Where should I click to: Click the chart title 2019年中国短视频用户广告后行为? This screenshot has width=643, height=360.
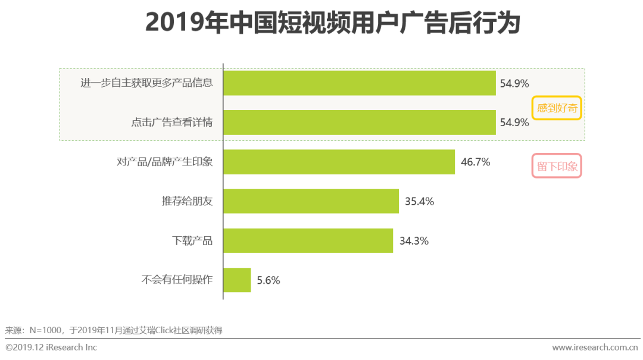(x=333, y=23)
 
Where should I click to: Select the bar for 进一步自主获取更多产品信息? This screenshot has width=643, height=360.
(x=360, y=83)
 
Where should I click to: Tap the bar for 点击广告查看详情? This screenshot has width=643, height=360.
(x=360, y=123)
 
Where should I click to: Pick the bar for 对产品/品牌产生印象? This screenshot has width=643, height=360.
(x=339, y=162)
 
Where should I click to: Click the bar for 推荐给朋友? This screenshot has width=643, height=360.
(x=311, y=201)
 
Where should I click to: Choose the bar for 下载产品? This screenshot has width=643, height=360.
(x=308, y=240)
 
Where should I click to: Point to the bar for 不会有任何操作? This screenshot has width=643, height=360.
(x=237, y=280)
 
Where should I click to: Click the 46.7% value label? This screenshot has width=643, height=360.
(x=475, y=162)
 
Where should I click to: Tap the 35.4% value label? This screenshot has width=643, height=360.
(x=419, y=201)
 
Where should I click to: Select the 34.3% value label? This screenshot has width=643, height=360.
(x=414, y=241)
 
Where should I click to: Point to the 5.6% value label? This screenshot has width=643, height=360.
(x=269, y=280)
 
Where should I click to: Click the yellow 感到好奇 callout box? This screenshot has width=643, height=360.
(x=556, y=108)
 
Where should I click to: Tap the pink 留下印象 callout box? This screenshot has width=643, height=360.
(x=557, y=167)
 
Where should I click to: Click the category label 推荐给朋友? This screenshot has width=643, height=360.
(x=187, y=201)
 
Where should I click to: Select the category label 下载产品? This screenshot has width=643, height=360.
(x=192, y=241)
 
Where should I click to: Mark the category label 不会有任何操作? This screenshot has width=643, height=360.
(x=177, y=280)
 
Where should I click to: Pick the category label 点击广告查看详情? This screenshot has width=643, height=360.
(x=172, y=123)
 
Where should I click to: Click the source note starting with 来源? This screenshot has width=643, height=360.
(x=114, y=330)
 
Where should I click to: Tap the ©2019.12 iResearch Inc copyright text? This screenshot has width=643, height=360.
(x=51, y=347)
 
